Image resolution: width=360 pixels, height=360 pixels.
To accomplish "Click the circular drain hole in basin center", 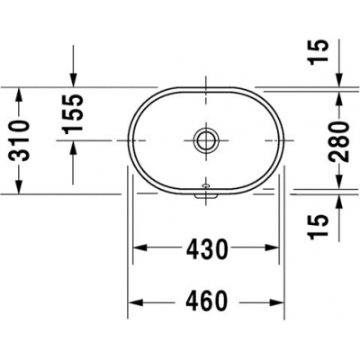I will [x=207, y=139].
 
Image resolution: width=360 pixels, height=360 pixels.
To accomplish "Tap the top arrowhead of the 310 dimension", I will [x=18, y=93].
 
